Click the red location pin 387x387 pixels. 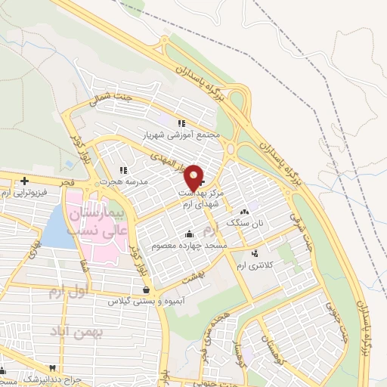pyautogui.click(x=194, y=176)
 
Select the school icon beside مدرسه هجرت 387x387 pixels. pyautogui.click(x=123, y=171)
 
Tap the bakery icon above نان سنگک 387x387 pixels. pyautogui.click(x=243, y=212)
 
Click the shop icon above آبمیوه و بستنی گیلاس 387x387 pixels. pyautogui.click(x=145, y=289)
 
